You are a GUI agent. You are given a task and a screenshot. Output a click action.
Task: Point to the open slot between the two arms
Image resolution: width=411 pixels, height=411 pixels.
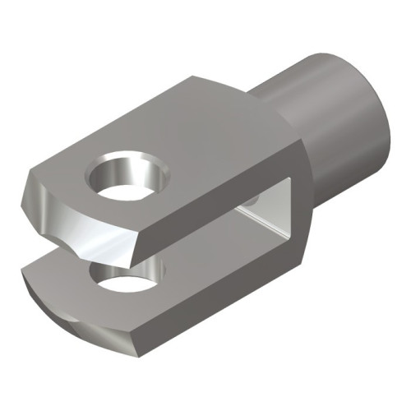click(x=205, y=247)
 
